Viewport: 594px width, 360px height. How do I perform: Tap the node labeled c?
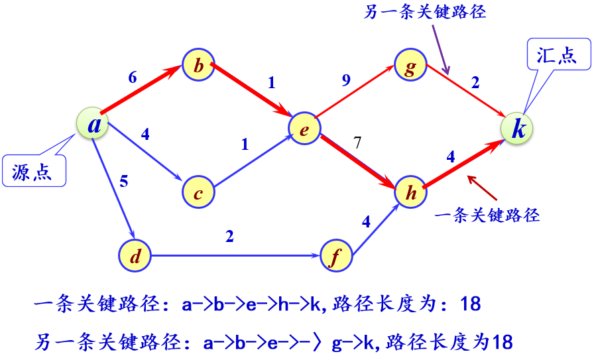click(198, 192)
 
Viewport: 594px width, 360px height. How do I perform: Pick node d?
click(135, 255)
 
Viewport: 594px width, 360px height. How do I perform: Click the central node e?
click(304, 129)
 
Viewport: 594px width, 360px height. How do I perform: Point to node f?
click(336, 256)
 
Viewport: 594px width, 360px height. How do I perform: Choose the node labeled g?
click(410, 66)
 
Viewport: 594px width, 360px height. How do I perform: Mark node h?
click(411, 192)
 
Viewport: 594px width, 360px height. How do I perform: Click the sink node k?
click(517, 128)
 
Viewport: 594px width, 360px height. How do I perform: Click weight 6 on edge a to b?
click(132, 77)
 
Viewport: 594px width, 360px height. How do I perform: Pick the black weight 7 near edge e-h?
click(357, 141)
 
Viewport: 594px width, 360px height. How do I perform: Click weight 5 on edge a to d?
click(123, 181)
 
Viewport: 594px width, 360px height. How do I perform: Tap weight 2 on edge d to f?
click(229, 237)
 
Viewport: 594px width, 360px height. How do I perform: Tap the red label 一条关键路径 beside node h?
click(487, 215)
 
